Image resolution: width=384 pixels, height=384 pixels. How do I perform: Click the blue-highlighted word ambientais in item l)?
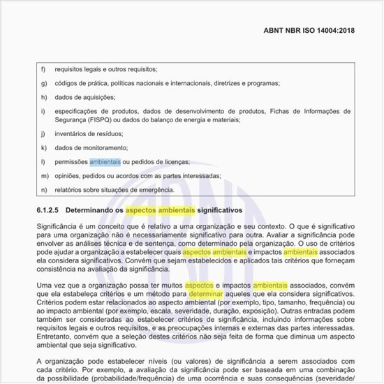point(105,161)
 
